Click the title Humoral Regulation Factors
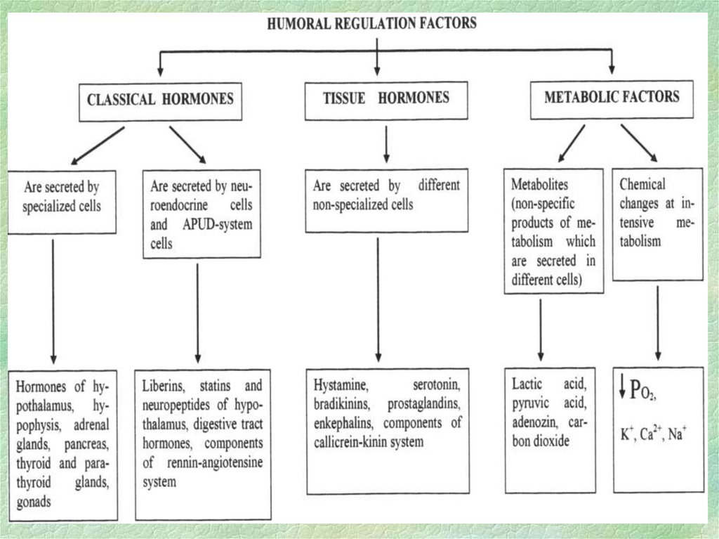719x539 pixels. pos(371,22)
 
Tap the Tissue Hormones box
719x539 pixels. pos(386,98)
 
